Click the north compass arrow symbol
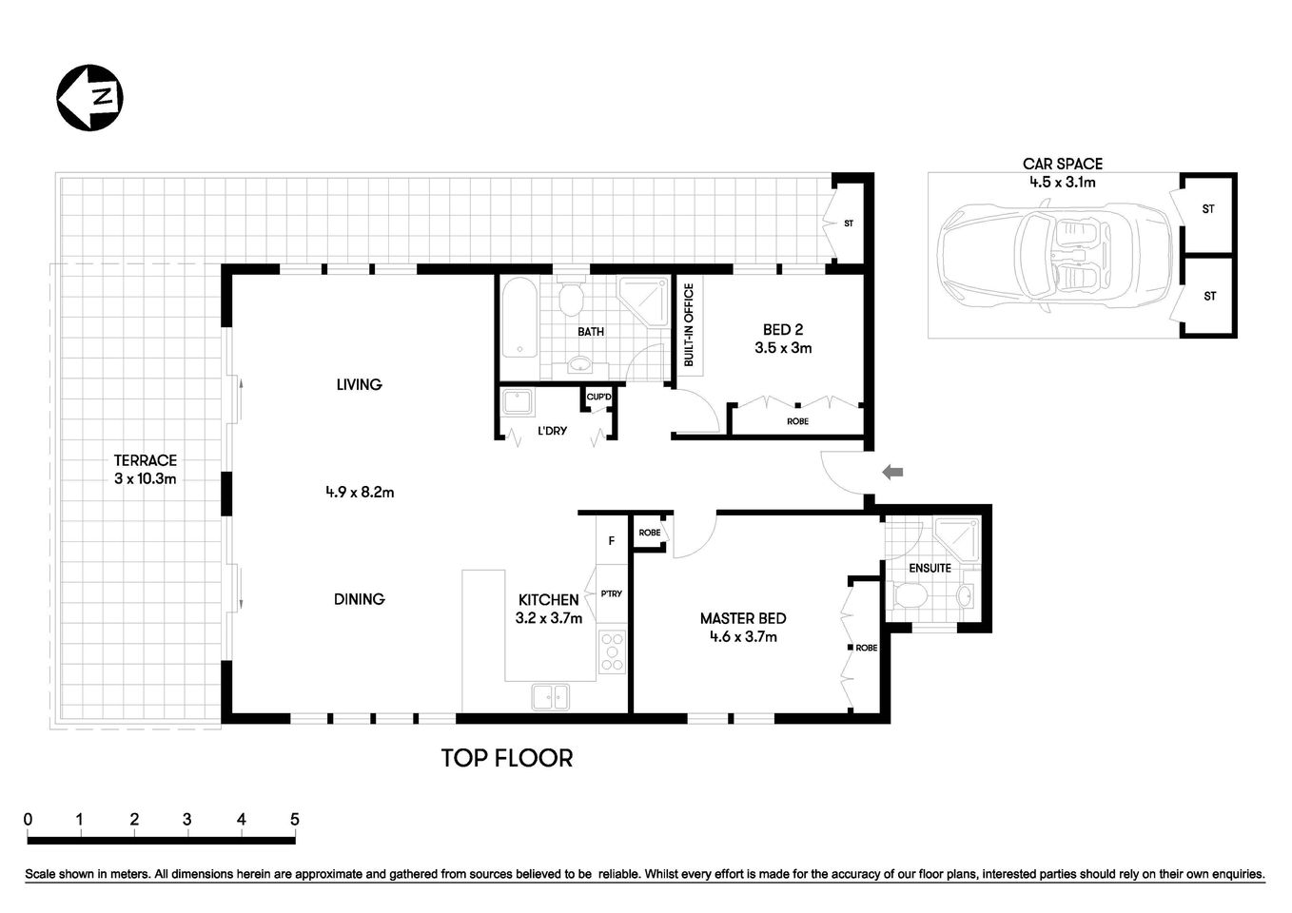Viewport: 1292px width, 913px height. pyautogui.click(x=91, y=97)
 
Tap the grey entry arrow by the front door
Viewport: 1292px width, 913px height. pyautogui.click(x=892, y=472)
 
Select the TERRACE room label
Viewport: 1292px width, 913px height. pyautogui.click(x=146, y=460)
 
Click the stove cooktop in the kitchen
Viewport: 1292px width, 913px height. pyautogui.click(x=612, y=652)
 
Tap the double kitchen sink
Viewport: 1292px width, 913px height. pyautogui.click(x=551, y=697)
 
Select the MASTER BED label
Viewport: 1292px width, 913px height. pyautogui.click(x=743, y=618)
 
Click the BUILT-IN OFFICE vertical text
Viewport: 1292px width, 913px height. pyautogui.click(x=689, y=325)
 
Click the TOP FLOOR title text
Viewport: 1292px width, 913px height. pyautogui.click(x=506, y=758)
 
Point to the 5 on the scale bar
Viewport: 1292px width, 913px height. pyautogui.click(x=295, y=820)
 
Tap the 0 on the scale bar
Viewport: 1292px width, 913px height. pyautogui.click(x=29, y=820)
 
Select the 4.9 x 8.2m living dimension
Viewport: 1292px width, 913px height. pyautogui.click(x=360, y=492)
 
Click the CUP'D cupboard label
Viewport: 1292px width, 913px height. pyautogui.click(x=598, y=397)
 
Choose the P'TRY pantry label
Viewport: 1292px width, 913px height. pyautogui.click(x=611, y=593)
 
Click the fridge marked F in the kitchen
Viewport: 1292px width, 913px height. pyautogui.click(x=612, y=541)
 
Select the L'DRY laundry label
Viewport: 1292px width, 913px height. pyautogui.click(x=552, y=431)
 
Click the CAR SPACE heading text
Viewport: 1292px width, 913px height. pyautogui.click(x=1063, y=164)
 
